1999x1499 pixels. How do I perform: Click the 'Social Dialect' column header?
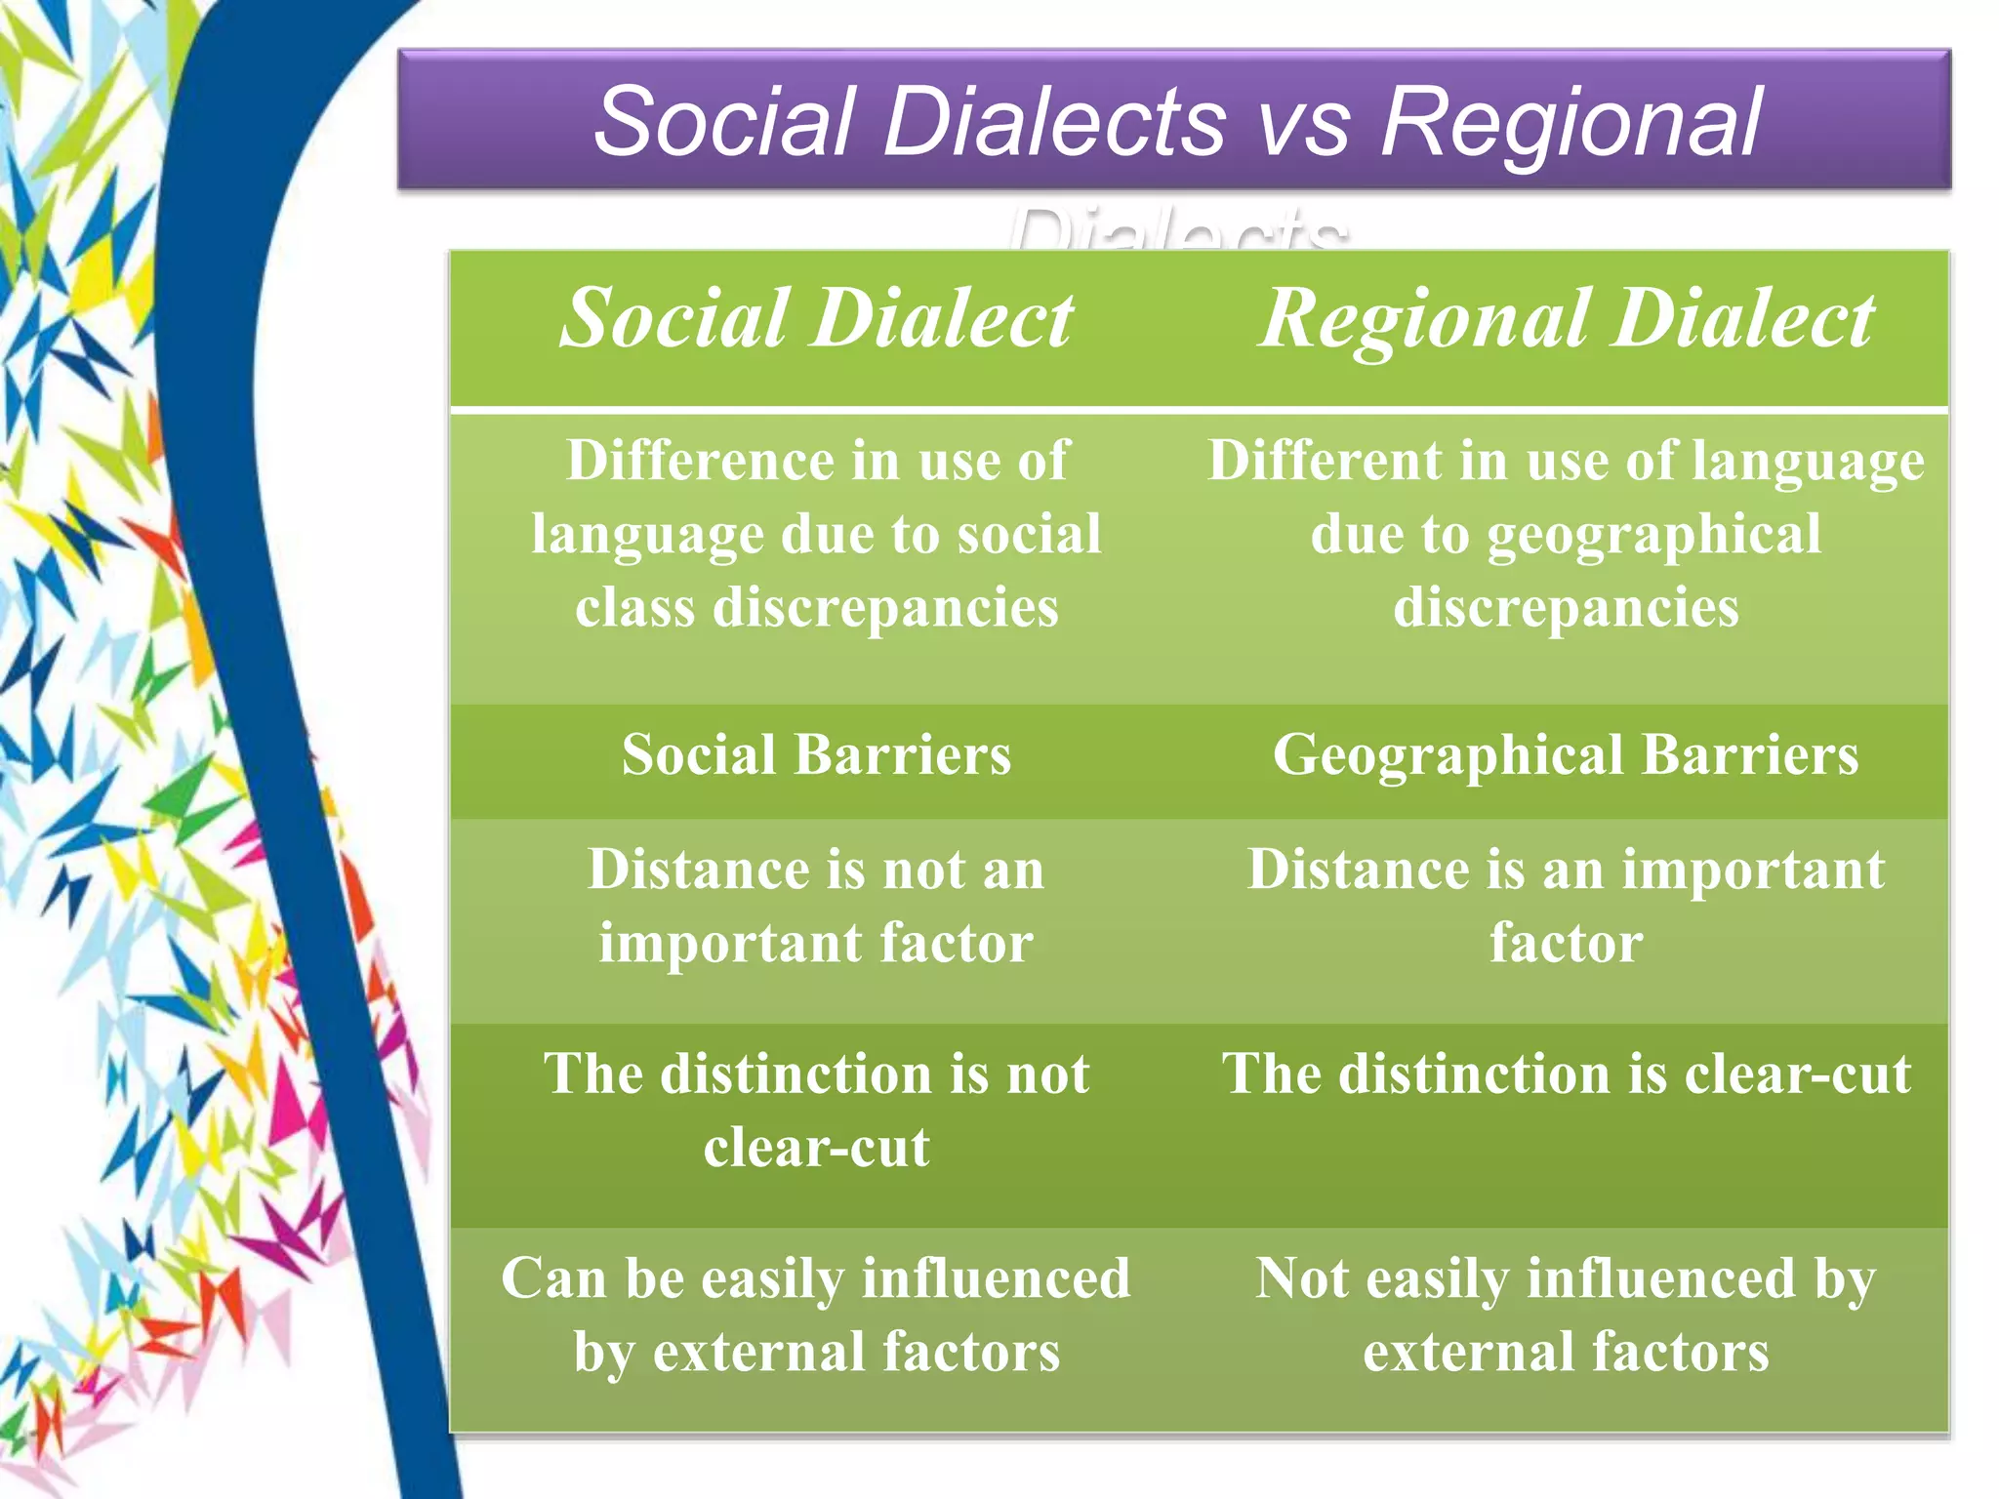click(x=816, y=320)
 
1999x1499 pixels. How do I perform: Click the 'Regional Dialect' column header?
click(x=1566, y=320)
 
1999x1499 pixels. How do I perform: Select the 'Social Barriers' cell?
click(x=816, y=755)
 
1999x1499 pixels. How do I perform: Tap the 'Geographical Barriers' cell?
click(x=1566, y=755)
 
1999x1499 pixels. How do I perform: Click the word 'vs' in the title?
click(x=1303, y=123)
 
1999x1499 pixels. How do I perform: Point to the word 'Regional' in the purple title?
click(x=1571, y=123)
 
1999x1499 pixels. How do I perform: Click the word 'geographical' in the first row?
click(x=1653, y=535)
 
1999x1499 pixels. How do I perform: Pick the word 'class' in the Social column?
click(x=634, y=608)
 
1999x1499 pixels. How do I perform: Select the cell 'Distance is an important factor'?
click(x=1566, y=906)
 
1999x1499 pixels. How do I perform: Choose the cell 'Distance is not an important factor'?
click(x=816, y=906)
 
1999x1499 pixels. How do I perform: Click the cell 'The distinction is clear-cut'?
click(x=1566, y=1074)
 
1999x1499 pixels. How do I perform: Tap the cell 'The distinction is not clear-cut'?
click(x=816, y=1111)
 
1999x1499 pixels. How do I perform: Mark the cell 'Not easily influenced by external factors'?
click(x=1566, y=1315)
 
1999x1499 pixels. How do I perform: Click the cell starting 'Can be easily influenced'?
click(x=816, y=1315)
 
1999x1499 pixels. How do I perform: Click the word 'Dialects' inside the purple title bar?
click(x=1054, y=123)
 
